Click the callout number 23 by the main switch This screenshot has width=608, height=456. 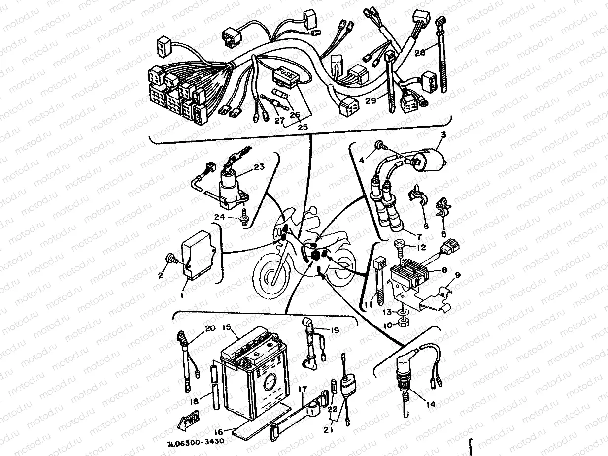click(x=259, y=167)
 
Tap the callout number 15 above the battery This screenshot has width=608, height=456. click(x=227, y=327)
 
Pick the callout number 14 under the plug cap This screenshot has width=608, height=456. click(x=431, y=404)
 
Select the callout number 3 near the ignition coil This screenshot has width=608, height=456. click(x=442, y=135)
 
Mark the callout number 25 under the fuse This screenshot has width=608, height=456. click(x=303, y=127)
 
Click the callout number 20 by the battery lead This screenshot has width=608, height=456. click(x=210, y=329)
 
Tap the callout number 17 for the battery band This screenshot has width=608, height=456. click(x=303, y=390)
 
